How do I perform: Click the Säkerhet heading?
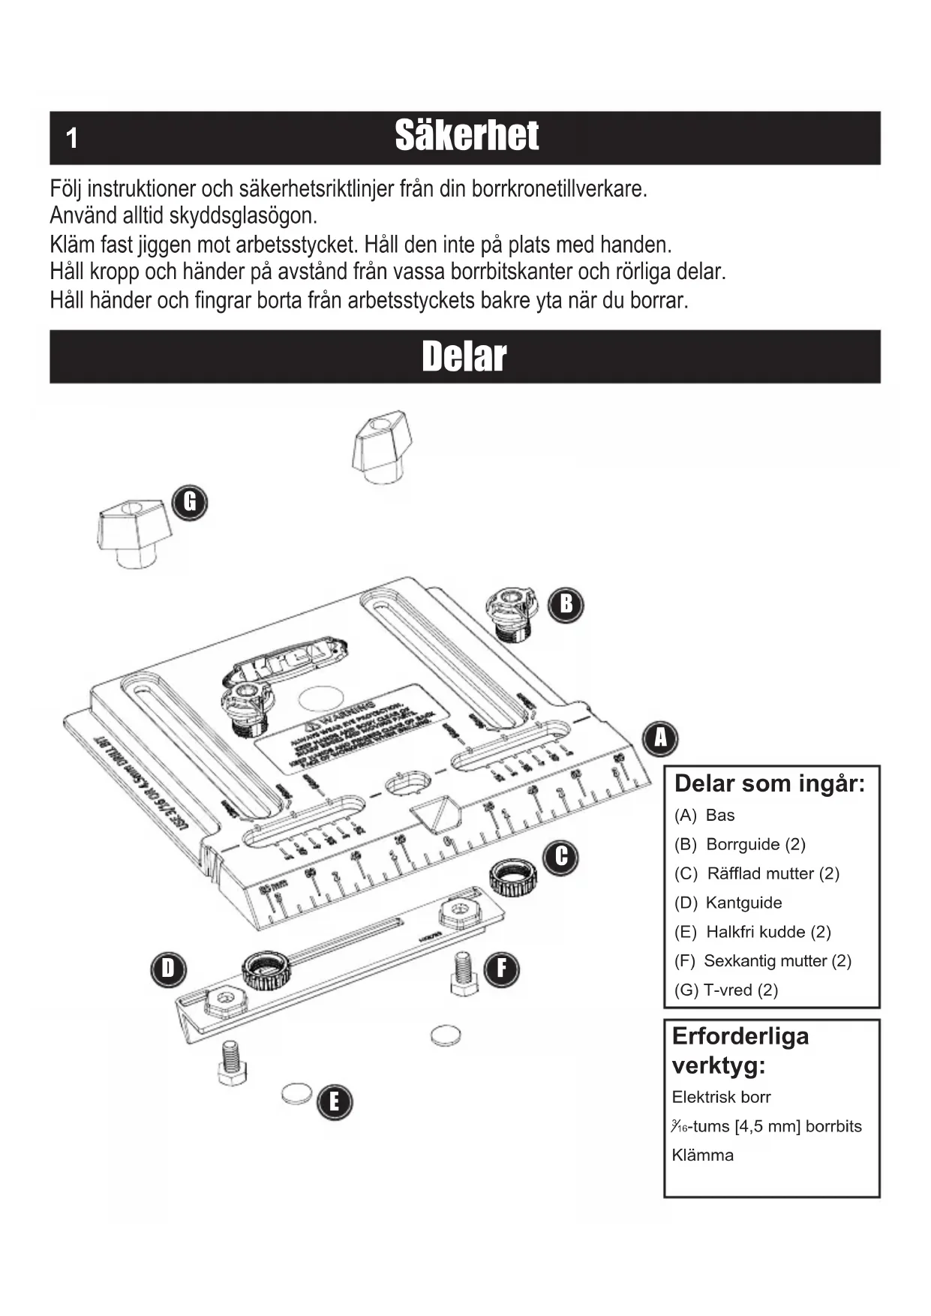click(x=467, y=136)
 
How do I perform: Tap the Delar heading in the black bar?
click(x=464, y=356)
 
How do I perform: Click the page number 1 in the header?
click(x=72, y=138)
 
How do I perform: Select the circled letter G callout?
click(x=190, y=502)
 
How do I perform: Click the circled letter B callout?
click(x=566, y=604)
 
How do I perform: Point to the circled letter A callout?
click(x=660, y=738)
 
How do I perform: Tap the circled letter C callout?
click(x=561, y=857)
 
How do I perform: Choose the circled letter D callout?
click(x=168, y=969)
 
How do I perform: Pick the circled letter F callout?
click(x=501, y=969)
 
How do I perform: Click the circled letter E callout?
click(x=334, y=1102)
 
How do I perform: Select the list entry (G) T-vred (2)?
click(x=725, y=990)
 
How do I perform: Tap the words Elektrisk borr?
click(x=721, y=1097)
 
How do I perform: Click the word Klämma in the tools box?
click(x=702, y=1155)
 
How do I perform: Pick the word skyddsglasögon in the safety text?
click(x=243, y=216)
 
